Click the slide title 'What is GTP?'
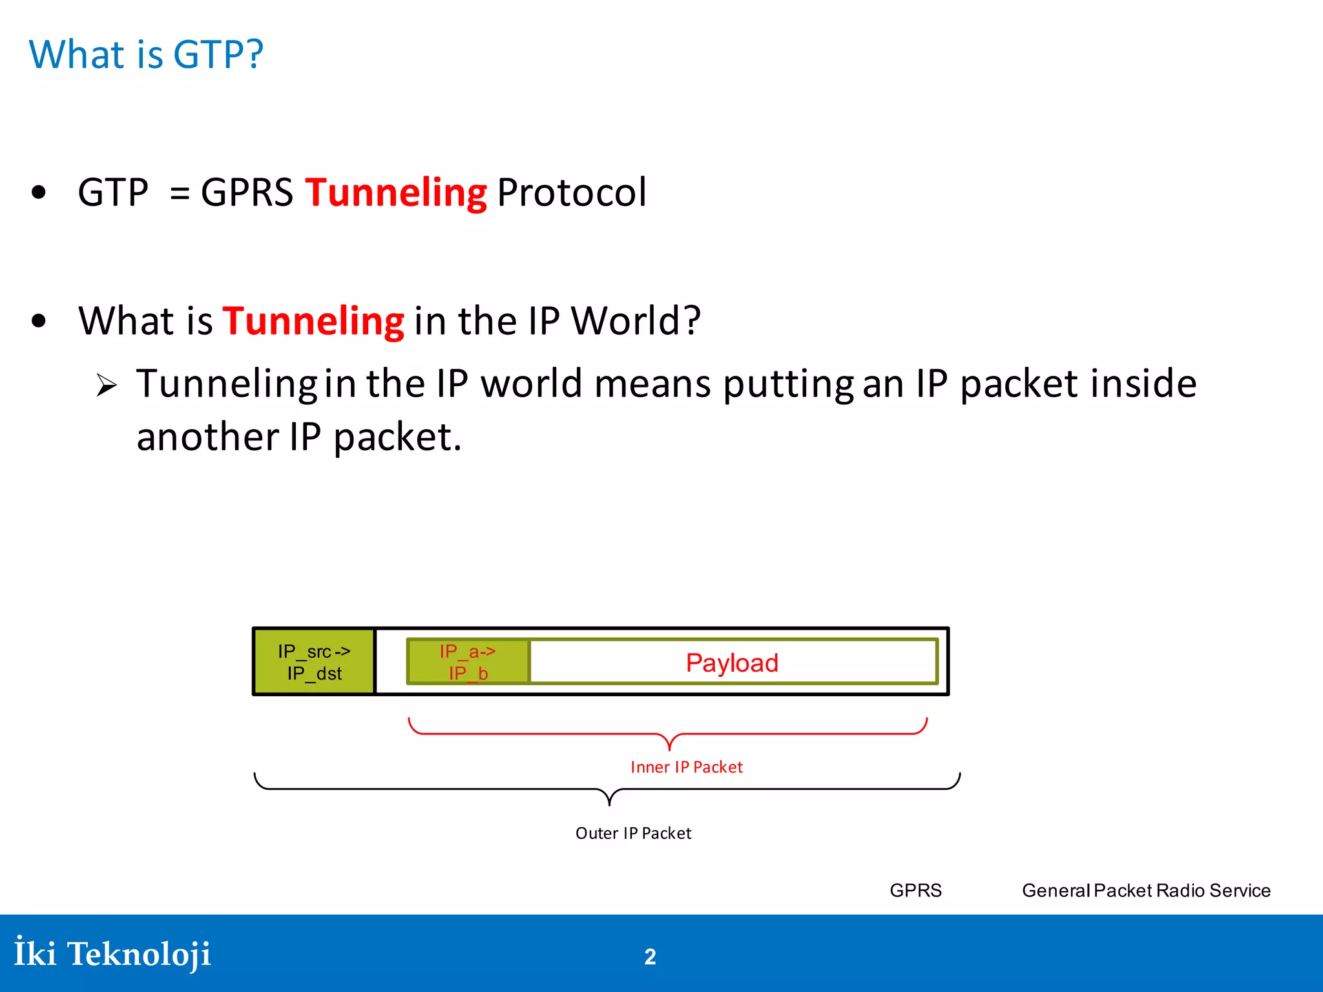pos(147,54)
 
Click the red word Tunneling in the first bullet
pos(395,192)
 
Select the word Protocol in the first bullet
pos(571,192)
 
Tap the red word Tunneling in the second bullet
pos(313,321)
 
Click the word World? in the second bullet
pos(636,321)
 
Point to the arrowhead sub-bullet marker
pos(107,386)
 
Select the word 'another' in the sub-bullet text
pos(207,437)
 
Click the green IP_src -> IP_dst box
pos(314,662)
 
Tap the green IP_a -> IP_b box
pos(468,662)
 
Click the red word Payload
pos(732,663)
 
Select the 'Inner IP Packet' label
pos(686,767)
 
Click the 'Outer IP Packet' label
pos(633,834)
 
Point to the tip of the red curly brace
pos(669,749)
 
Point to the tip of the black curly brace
pos(609,805)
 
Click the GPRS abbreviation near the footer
pos(915,891)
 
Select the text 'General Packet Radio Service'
pos(1146,891)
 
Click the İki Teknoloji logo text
pos(113,954)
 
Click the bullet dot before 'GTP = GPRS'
pos(39,192)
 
